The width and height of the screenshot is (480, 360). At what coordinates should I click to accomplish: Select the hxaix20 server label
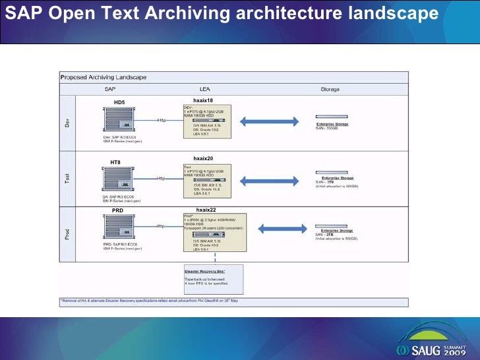pyautogui.click(x=203, y=159)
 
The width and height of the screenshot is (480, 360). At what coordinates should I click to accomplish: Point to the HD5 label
pyautogui.click(x=119, y=102)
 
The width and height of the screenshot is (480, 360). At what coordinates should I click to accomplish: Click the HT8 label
pyautogui.click(x=115, y=162)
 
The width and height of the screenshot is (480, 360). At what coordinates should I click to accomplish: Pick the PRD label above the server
pyautogui.click(x=117, y=210)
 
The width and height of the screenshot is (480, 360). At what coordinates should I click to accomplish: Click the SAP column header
pyautogui.click(x=110, y=88)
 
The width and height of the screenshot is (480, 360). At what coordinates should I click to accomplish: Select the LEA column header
pyautogui.click(x=205, y=88)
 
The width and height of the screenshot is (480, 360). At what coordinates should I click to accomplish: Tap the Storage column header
pyautogui.click(x=330, y=88)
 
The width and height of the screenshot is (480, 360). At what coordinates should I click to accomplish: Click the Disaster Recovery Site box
pyautogui.click(x=213, y=279)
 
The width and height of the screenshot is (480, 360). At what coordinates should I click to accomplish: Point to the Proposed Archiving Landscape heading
pyautogui.click(x=104, y=77)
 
